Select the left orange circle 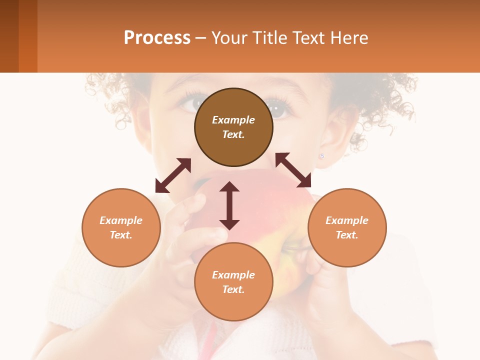(x=121, y=227)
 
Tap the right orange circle (x=347, y=227)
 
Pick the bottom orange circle (x=233, y=282)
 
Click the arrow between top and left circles (x=173, y=175)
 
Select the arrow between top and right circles (x=293, y=170)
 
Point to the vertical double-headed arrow (x=229, y=206)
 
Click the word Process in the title (x=157, y=38)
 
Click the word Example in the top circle (x=233, y=120)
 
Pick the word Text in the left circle (x=121, y=235)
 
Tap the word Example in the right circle (x=347, y=220)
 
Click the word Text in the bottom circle (x=233, y=289)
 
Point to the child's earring (x=321, y=156)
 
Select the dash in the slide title (x=201, y=38)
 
